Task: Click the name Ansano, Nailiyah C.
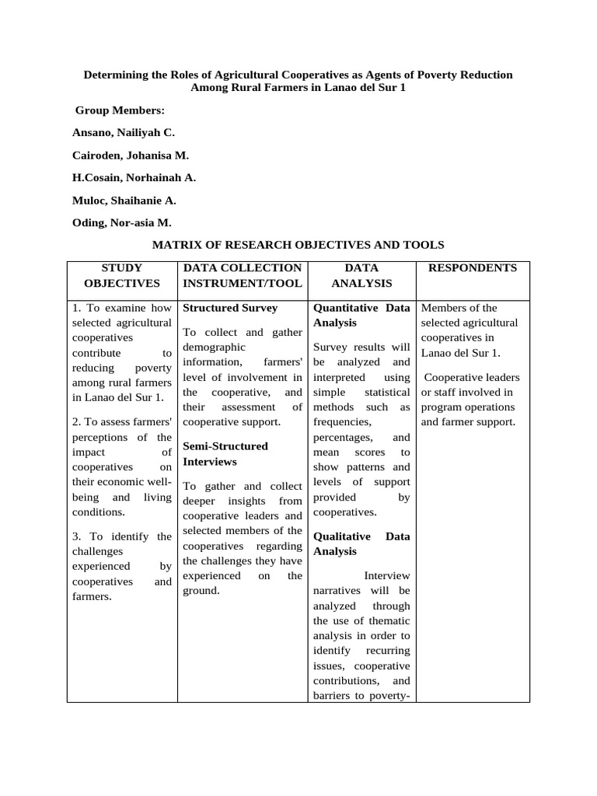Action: (124, 133)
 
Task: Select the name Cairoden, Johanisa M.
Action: (131, 155)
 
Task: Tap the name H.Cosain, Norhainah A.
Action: (134, 177)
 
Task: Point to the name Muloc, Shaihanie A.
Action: (124, 200)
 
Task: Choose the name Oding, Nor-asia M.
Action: (122, 222)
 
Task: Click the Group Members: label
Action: (120, 111)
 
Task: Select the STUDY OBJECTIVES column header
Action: (122, 276)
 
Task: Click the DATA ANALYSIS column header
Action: (361, 276)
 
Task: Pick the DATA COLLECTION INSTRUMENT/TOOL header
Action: (242, 276)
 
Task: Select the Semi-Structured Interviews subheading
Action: (225, 454)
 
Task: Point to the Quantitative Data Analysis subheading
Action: (361, 315)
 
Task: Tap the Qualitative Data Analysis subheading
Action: (361, 544)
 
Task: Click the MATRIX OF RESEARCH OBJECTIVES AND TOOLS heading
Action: (298, 245)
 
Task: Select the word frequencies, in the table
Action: (342, 422)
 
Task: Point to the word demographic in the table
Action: (214, 347)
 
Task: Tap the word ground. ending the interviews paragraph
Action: (201, 591)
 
